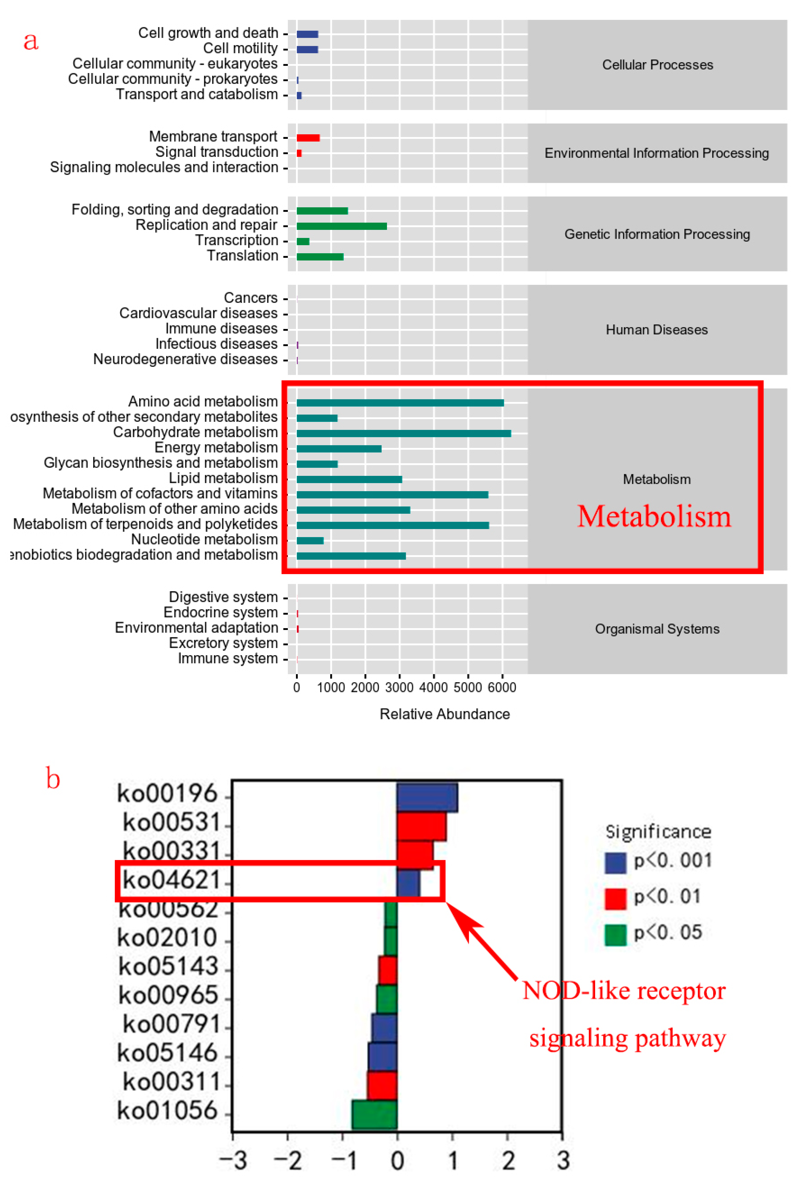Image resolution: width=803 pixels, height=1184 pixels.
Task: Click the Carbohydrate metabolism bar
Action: pyautogui.click(x=404, y=433)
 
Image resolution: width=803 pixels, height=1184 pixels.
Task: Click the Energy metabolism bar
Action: pyautogui.click(x=339, y=448)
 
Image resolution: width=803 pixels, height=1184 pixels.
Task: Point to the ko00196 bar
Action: pyautogui.click(x=427, y=797)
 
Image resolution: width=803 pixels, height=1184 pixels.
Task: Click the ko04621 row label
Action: pyautogui.click(x=171, y=880)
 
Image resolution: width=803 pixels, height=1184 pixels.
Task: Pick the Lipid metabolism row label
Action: pyautogui.click(x=223, y=478)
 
